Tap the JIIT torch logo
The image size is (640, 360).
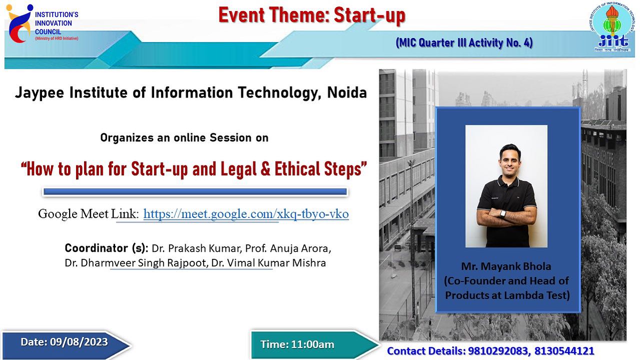click(611, 27)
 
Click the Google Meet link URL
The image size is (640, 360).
click(246, 214)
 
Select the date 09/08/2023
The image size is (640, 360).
click(79, 342)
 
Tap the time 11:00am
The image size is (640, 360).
click(313, 344)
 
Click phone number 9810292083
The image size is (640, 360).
click(498, 351)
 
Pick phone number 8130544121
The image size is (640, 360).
click(564, 351)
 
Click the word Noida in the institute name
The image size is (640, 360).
click(347, 93)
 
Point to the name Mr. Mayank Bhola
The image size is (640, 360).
click(506, 266)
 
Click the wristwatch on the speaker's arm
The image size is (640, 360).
click(502, 213)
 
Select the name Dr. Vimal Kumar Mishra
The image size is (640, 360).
click(269, 263)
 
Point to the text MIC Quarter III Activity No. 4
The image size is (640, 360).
click(464, 43)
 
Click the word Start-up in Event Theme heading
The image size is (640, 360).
click(369, 15)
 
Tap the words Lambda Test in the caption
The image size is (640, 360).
click(536, 295)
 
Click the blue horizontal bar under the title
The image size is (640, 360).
click(195, 192)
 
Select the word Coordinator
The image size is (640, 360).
click(96, 248)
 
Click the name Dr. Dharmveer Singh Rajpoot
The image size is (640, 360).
click(137, 263)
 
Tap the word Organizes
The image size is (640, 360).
click(127, 138)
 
